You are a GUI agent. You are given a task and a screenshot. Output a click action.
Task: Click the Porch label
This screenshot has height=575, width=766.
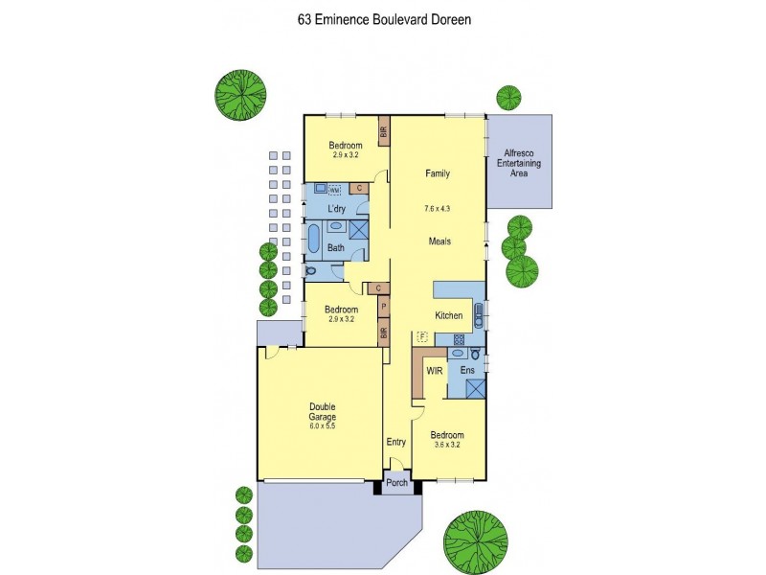click(396, 483)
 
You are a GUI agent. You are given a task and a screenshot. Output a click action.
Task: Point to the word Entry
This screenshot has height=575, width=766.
click(396, 442)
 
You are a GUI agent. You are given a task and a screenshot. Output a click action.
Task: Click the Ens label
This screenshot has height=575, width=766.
click(467, 370)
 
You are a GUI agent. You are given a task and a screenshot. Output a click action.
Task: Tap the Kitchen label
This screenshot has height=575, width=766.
click(449, 315)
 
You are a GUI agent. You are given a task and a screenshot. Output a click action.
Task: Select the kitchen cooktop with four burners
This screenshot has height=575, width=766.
click(459, 339)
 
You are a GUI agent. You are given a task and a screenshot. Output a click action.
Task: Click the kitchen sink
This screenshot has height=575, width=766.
click(479, 314)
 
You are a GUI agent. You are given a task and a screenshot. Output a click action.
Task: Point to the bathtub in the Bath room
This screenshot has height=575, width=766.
click(313, 237)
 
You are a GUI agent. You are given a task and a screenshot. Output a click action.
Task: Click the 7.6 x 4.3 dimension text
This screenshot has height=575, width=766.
click(437, 208)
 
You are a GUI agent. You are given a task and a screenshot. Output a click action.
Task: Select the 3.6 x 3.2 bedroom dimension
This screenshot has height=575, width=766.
click(446, 445)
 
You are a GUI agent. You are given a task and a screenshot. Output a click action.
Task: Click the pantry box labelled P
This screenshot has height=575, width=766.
click(383, 307)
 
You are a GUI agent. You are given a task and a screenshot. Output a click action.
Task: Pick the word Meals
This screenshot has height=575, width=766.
click(439, 241)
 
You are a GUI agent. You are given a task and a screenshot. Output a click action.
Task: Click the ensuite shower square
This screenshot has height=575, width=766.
click(473, 389)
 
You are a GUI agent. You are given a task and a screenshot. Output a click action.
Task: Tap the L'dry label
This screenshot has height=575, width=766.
click(336, 208)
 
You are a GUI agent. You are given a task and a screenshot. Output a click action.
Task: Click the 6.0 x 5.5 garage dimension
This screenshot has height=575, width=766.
click(322, 425)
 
